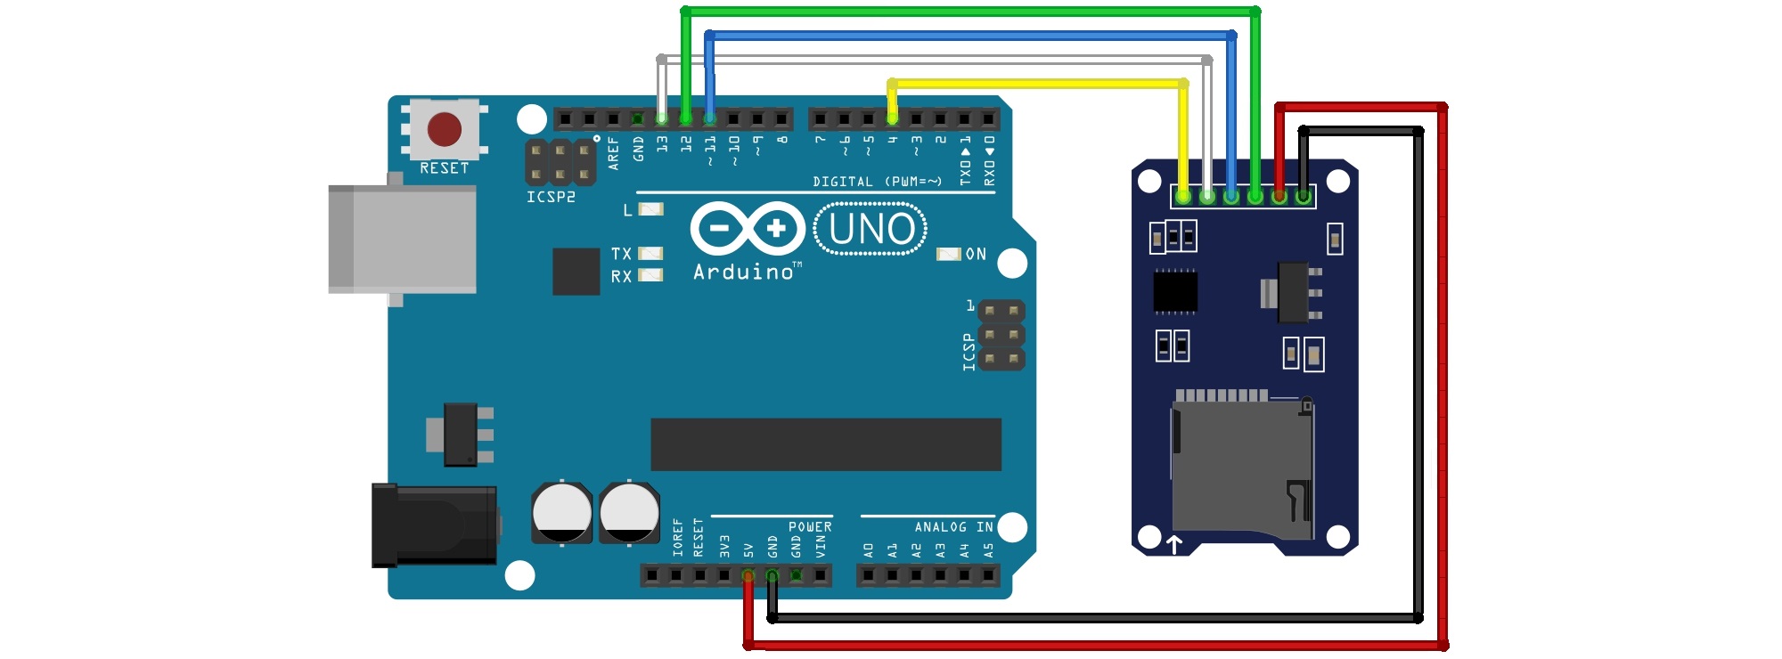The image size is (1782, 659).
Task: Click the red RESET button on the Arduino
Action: coord(444,129)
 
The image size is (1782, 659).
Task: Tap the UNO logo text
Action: coord(871,230)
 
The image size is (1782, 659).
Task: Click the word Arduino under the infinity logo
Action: coord(744,273)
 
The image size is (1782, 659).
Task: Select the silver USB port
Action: coord(403,239)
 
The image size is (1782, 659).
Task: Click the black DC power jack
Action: coord(434,525)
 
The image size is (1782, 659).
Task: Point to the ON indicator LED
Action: coord(948,255)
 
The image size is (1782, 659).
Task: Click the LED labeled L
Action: coord(651,210)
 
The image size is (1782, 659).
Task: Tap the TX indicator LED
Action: coord(651,254)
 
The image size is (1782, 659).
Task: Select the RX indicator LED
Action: coord(651,276)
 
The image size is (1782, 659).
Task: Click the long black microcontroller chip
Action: coord(826,444)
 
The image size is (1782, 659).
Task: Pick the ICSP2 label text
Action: coord(551,197)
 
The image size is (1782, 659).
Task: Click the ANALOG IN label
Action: coord(953,527)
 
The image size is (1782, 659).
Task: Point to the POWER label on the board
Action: coord(810,527)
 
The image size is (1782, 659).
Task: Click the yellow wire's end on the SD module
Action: coord(1183,196)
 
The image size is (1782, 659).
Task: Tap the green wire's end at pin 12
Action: coord(685,118)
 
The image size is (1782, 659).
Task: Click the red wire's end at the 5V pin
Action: coord(748,576)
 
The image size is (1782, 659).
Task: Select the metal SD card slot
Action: coord(1241,468)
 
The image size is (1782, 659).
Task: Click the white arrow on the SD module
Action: coord(1174,544)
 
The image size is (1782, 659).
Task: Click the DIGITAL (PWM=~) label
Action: coord(877,182)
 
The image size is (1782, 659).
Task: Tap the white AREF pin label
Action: coord(613,153)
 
